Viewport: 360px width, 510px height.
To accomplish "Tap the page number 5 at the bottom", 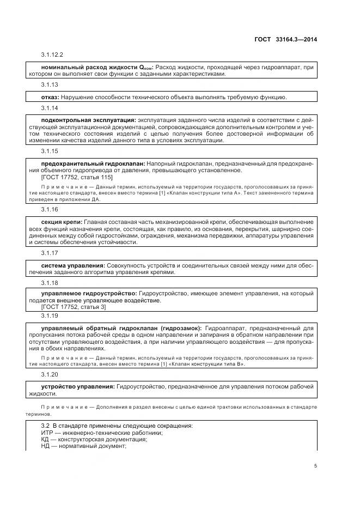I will [315, 465].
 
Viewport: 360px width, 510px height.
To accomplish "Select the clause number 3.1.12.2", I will [52, 55].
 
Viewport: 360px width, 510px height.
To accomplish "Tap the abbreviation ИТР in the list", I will [48, 433].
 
